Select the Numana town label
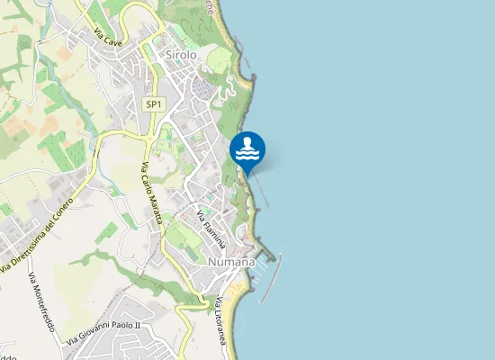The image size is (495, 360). pos(232,261)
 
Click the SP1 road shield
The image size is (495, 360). pos(154,104)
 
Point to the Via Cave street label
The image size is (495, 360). pos(108,40)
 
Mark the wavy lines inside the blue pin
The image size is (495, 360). pos(247,155)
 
